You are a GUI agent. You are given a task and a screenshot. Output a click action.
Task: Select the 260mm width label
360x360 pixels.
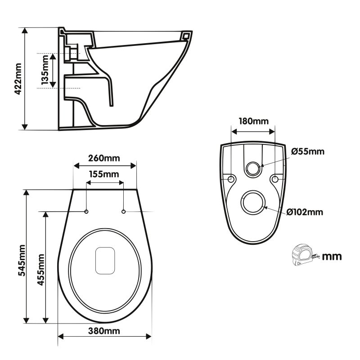104,158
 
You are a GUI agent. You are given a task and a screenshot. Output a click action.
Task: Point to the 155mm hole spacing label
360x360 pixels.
104,174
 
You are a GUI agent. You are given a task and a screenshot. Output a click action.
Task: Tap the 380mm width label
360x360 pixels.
104,331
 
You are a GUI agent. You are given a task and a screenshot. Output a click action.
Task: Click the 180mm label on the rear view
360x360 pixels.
252,121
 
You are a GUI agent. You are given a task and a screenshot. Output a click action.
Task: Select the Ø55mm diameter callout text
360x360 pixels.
307,151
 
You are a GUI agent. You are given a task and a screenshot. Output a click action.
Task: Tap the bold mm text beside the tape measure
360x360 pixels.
332,256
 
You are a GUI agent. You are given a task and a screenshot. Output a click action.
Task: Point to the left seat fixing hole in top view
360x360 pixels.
86,211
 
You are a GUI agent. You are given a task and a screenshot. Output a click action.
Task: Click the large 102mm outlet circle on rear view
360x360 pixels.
253,203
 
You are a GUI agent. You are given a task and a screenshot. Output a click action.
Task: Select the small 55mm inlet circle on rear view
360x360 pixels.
253,169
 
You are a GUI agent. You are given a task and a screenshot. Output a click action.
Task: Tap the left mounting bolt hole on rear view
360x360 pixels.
231,179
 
